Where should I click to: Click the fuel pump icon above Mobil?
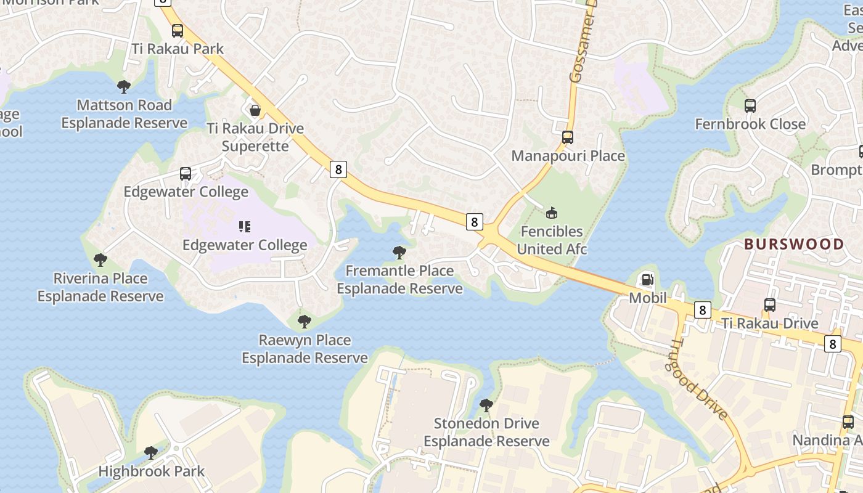(647, 280)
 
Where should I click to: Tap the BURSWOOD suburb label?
(794, 244)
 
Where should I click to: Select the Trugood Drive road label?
(700, 380)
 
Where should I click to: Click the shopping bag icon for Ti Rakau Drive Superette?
(255, 110)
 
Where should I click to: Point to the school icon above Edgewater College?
(245, 227)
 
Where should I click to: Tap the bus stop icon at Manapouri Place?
(568, 137)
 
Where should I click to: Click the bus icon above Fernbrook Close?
(750, 106)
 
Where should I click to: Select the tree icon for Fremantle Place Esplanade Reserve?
(399, 253)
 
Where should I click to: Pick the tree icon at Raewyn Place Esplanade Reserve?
(304, 322)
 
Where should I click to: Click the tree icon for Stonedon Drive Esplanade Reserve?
(486, 405)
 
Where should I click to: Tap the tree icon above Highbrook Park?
(151, 454)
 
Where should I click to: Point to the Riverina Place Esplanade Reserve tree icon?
(100, 260)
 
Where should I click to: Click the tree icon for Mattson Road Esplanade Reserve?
(124, 87)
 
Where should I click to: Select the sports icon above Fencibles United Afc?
(552, 213)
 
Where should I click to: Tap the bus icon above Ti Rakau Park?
(178, 31)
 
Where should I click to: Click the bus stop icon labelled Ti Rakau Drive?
(769, 305)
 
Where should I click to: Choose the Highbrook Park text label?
(152, 471)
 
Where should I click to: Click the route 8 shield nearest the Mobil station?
(702, 310)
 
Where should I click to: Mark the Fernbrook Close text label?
(750, 124)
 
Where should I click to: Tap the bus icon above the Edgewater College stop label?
(186, 174)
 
